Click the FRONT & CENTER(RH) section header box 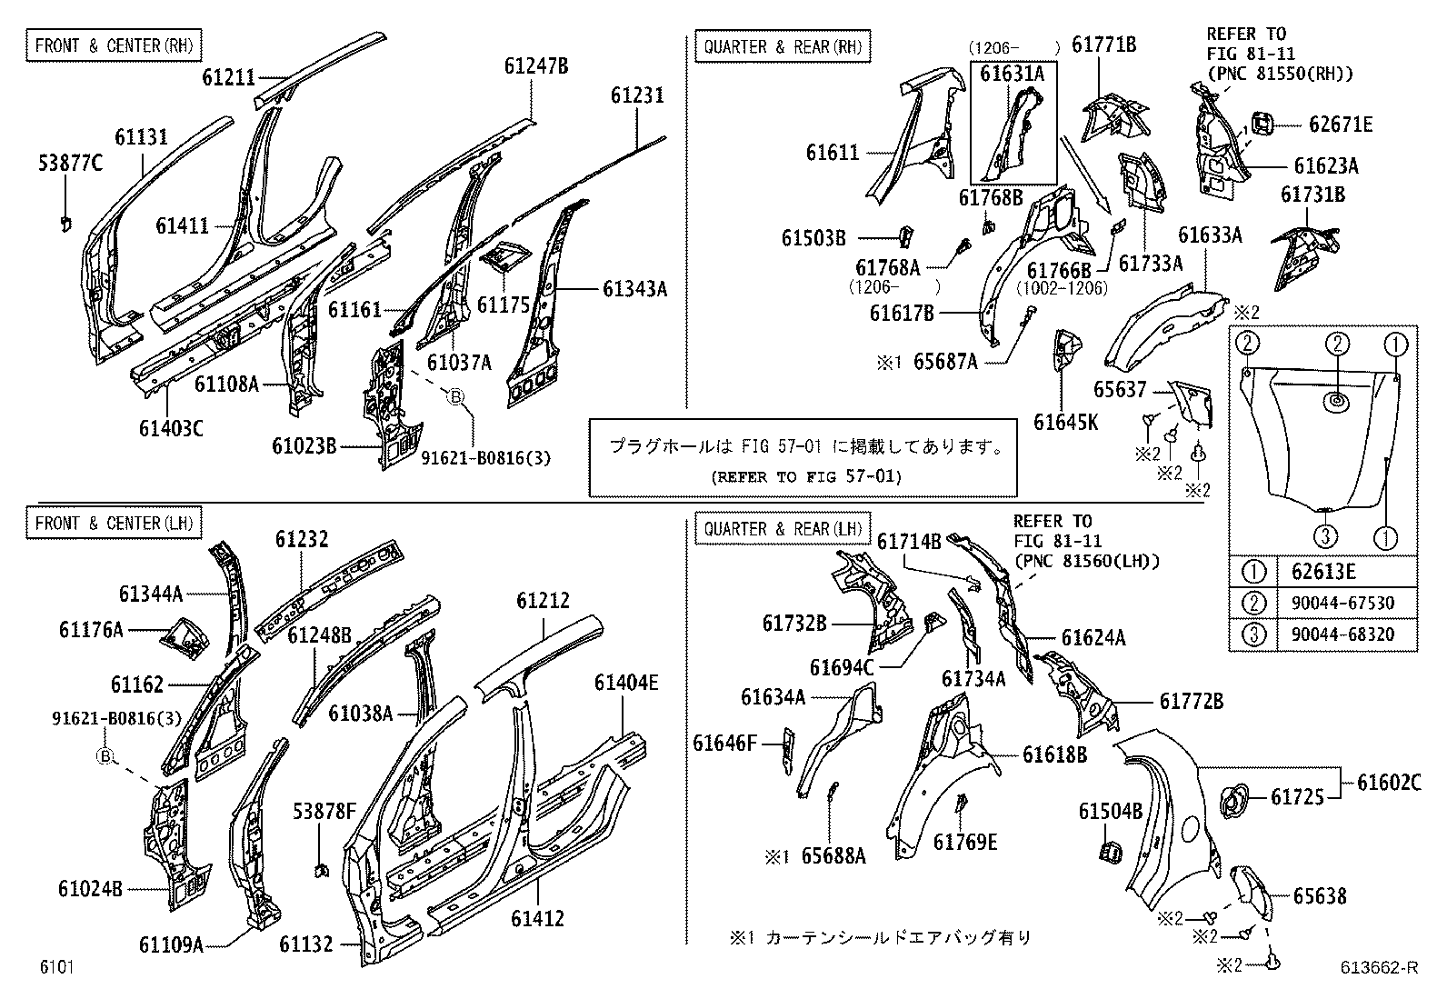pos(114,45)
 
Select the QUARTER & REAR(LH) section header pos(781,527)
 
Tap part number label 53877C pos(70,164)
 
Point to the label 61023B pos(304,446)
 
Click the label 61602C pos(1389,782)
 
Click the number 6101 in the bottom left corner pos(55,967)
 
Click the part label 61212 pos(543,601)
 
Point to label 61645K pos(1065,422)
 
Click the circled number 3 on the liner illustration pos(1325,535)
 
